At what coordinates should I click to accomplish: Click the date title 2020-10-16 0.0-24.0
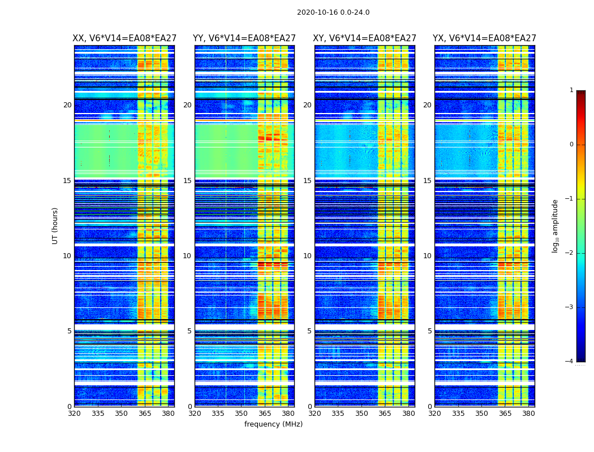(x=333, y=12)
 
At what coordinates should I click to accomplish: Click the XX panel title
(x=124, y=38)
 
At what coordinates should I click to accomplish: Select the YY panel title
(x=244, y=38)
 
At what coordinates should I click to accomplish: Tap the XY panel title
(x=365, y=38)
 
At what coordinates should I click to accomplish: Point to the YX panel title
(x=484, y=38)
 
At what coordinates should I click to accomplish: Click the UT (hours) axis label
(x=55, y=225)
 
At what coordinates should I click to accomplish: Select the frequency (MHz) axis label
(x=273, y=424)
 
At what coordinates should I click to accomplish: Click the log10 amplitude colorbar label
(x=556, y=225)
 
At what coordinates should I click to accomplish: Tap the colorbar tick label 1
(x=571, y=90)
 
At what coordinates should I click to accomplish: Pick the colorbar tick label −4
(x=570, y=362)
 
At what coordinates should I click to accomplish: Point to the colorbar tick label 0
(x=571, y=145)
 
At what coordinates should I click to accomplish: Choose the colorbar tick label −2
(x=570, y=253)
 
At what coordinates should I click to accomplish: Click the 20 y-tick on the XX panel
(x=67, y=105)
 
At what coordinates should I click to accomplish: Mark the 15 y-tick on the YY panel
(x=187, y=181)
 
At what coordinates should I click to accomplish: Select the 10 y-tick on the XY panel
(x=307, y=256)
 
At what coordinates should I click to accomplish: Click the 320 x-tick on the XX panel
(x=75, y=414)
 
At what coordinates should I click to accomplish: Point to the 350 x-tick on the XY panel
(x=361, y=414)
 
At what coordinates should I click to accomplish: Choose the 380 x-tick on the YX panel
(x=528, y=414)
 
